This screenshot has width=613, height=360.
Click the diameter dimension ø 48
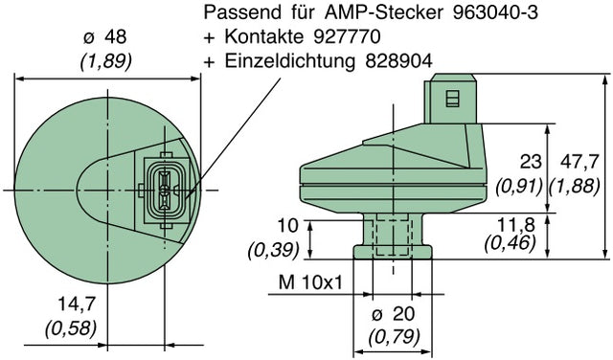(105, 37)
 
